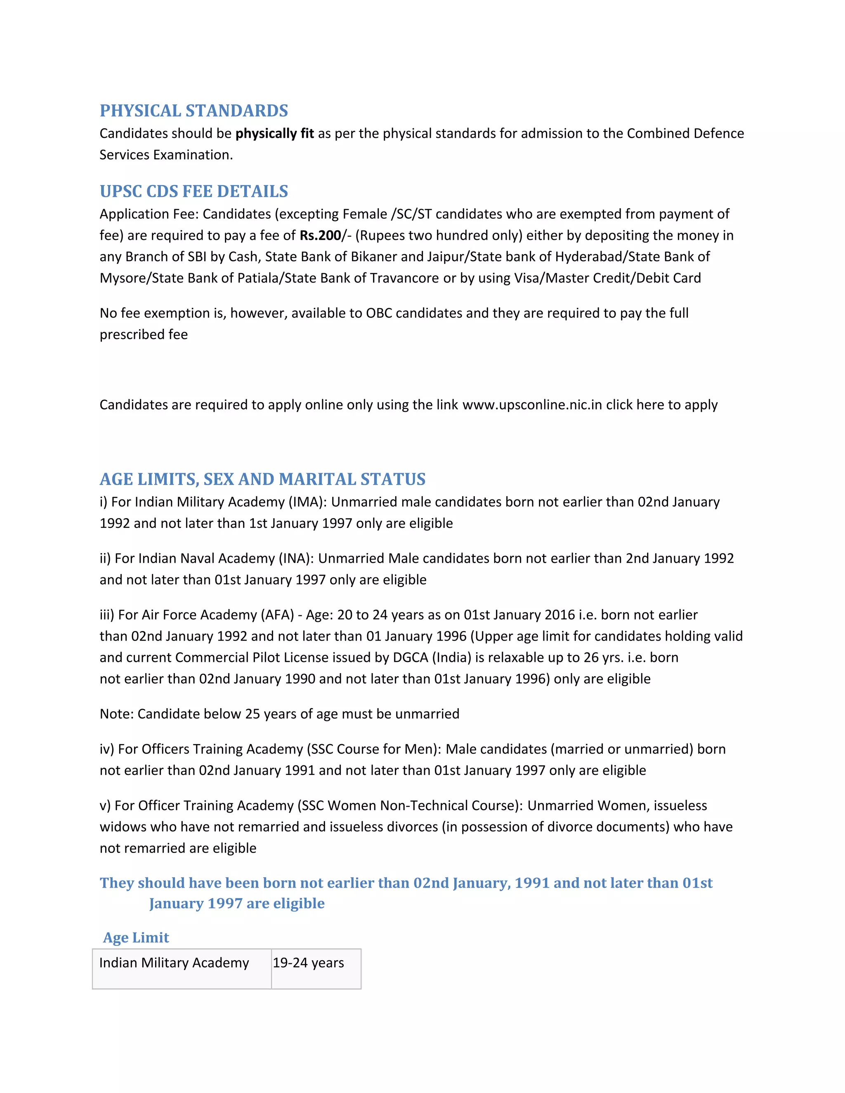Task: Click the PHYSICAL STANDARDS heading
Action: click(x=194, y=111)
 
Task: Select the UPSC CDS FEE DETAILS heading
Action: click(x=194, y=191)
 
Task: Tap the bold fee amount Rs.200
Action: click(x=320, y=235)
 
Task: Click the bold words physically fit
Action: click(x=274, y=134)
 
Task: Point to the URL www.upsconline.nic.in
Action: click(x=532, y=404)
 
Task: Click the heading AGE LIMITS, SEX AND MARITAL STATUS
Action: click(x=262, y=479)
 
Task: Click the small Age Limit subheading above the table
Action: click(x=136, y=938)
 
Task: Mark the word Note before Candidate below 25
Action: click(x=115, y=714)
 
